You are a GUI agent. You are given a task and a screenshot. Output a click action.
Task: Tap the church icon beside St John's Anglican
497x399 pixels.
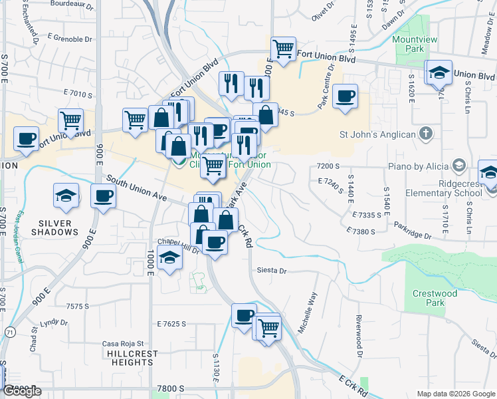click(x=427, y=134)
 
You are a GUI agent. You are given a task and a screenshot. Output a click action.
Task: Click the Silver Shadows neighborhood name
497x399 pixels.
click(x=58, y=227)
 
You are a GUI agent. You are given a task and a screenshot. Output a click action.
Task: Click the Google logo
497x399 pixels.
click(x=23, y=391)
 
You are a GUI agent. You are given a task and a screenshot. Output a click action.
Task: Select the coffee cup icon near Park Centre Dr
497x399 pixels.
click(x=345, y=96)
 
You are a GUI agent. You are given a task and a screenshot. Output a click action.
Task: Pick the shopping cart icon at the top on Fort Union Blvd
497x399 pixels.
click(x=284, y=49)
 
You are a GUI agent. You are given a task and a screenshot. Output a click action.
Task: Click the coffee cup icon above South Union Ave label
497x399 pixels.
click(x=103, y=196)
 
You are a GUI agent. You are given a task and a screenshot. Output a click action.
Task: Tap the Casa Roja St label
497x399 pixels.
click(x=120, y=344)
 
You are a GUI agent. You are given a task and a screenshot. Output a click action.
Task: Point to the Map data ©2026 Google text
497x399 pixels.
click(x=455, y=393)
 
